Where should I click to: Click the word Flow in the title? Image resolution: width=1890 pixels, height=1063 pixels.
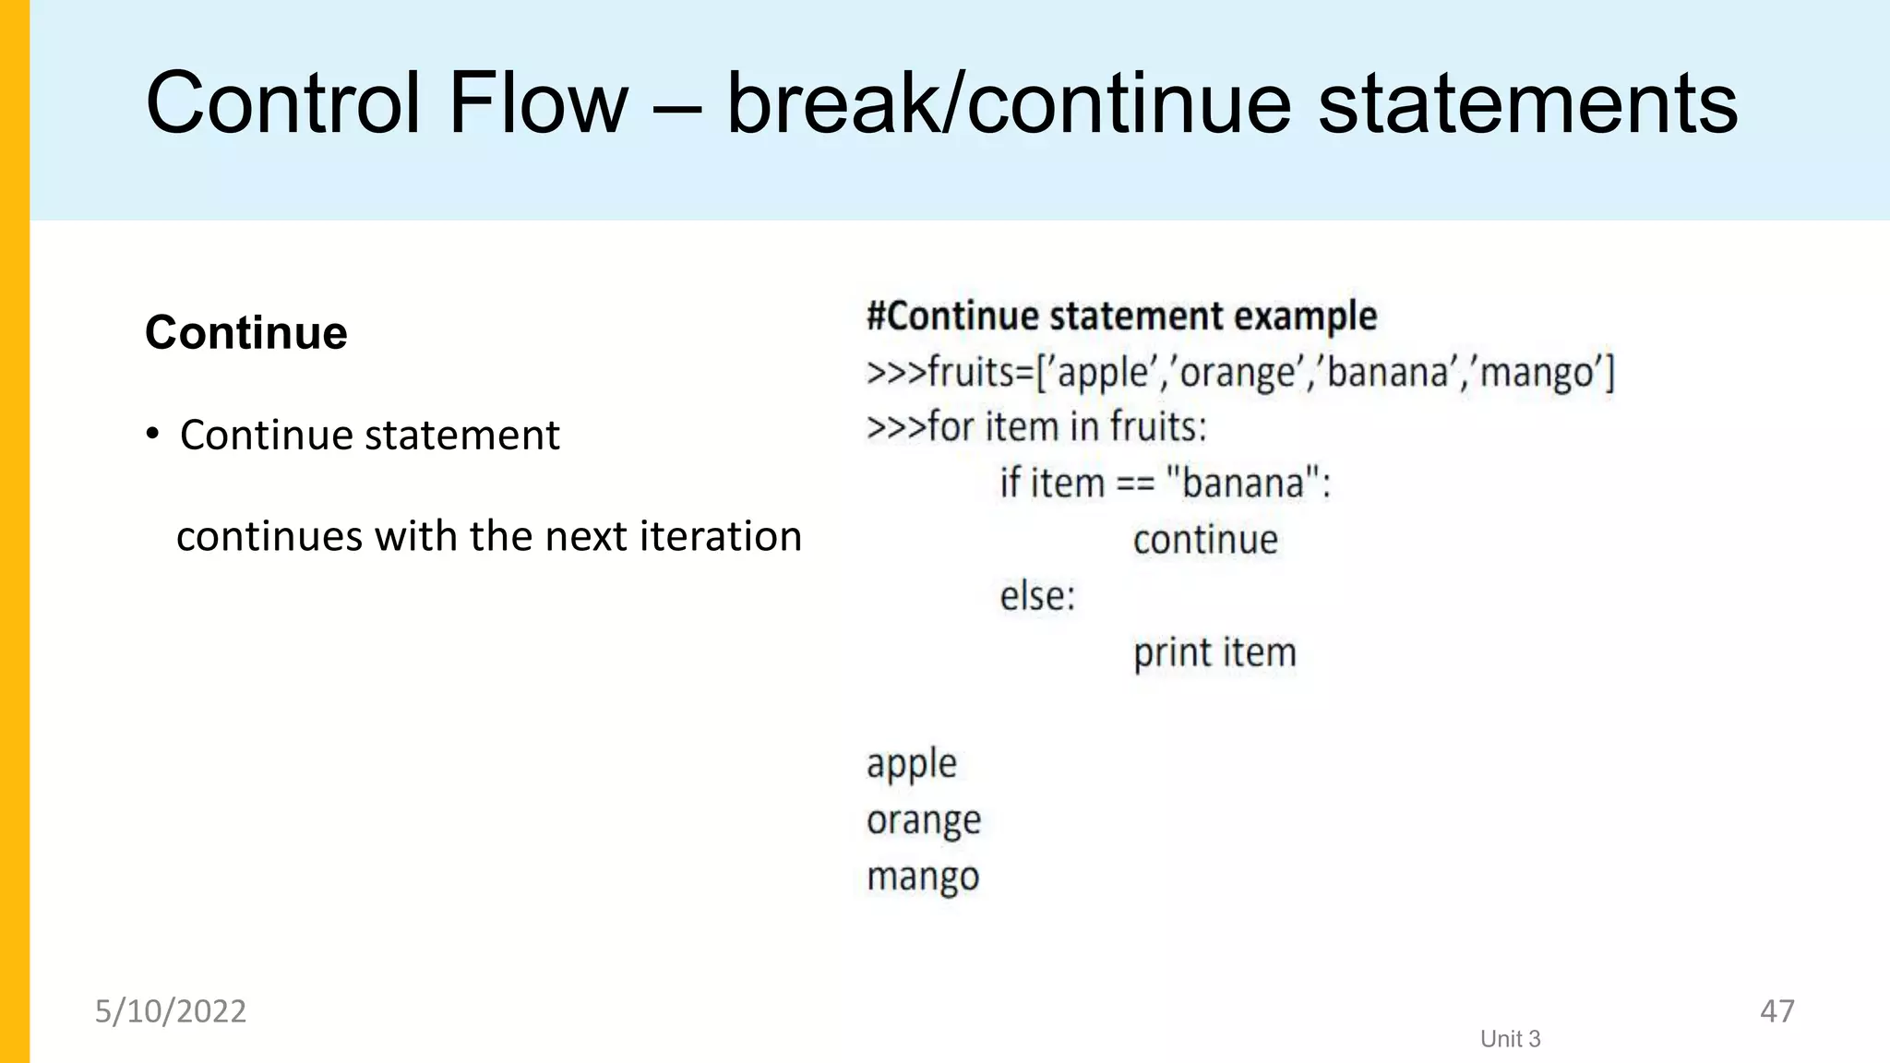(537, 103)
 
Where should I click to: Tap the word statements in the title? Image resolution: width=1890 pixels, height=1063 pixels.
(1527, 103)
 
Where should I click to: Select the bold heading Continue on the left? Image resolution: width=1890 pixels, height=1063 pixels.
(246, 332)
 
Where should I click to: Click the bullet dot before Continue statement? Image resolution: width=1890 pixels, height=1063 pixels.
(153, 434)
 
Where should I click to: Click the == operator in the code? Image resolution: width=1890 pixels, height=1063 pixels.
(1134, 484)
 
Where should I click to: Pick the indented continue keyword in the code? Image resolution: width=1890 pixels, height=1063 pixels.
(1205, 540)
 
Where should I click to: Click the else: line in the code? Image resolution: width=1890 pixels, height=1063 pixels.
(1037, 596)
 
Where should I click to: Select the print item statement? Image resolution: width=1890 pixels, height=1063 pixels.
(1214, 653)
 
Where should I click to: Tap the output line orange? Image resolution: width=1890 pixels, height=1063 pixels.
(924, 820)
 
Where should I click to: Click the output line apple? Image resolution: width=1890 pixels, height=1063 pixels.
(912, 764)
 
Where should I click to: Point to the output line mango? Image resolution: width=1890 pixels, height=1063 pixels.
(923, 877)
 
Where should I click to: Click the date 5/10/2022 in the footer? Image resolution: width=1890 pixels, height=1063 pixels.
(171, 1011)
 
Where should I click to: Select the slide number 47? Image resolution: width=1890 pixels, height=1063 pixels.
(1776, 1011)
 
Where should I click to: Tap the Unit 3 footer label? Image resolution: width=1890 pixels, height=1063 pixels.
(1510, 1039)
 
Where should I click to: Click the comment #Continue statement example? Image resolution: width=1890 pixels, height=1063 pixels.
(1121, 317)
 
